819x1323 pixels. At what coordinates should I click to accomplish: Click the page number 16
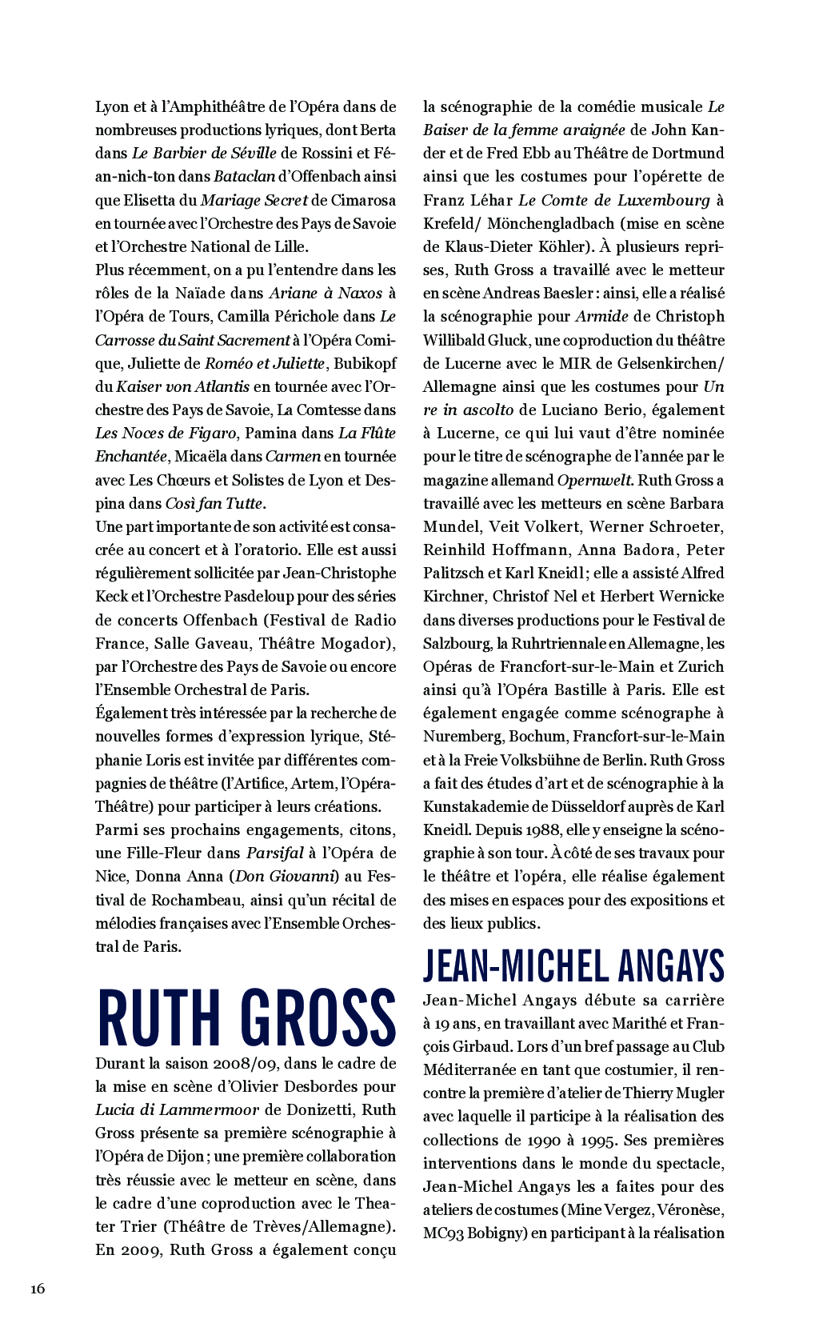[x=38, y=1288]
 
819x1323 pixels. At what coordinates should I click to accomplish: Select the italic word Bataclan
[x=244, y=176]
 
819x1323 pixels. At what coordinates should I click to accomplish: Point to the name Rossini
[x=325, y=153]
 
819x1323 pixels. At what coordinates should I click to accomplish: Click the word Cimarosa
[x=364, y=200]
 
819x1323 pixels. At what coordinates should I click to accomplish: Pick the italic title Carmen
[x=293, y=456]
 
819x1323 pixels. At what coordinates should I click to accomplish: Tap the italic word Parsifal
[x=274, y=853]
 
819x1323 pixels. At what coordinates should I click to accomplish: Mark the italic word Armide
[x=601, y=316]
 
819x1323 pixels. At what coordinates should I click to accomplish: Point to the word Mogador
[x=358, y=643]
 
